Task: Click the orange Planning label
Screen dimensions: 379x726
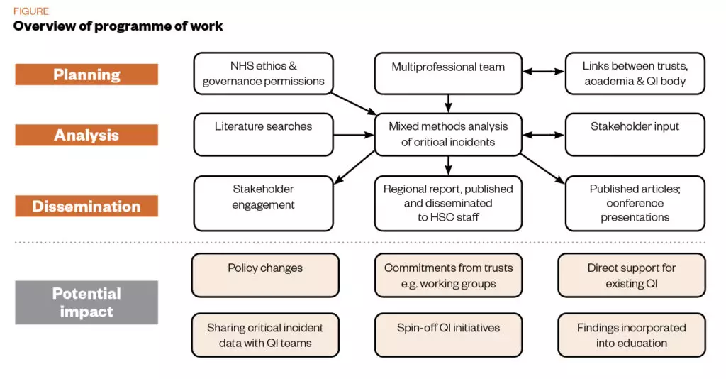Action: pyautogui.click(x=86, y=75)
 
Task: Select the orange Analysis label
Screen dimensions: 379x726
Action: pyautogui.click(x=86, y=135)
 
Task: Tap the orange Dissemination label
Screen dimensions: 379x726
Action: pyautogui.click(x=86, y=207)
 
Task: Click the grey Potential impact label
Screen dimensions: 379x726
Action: pyautogui.click(x=86, y=302)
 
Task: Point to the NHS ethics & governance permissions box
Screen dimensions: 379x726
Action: pyautogui.click(x=263, y=74)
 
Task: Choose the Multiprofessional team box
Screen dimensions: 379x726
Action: pyautogui.click(x=448, y=74)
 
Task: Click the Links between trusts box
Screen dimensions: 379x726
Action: pyautogui.click(x=635, y=74)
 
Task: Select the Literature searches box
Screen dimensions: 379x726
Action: pyautogui.click(x=263, y=134)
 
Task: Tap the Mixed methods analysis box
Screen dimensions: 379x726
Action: pyautogui.click(x=448, y=134)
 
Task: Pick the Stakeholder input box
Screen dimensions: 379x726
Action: pyautogui.click(x=635, y=134)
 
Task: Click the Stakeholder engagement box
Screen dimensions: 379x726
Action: pyautogui.click(x=263, y=203)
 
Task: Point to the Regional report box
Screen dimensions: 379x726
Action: pyautogui.click(x=448, y=203)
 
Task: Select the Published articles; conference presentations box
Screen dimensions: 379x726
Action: pyautogui.click(x=635, y=203)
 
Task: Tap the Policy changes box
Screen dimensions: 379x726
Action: pyautogui.click(x=265, y=275)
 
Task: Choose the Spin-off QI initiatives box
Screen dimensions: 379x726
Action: pyautogui.click(x=448, y=335)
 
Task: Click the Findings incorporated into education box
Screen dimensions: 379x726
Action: pyautogui.click(x=631, y=335)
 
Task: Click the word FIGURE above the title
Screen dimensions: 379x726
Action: pyautogui.click(x=31, y=11)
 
